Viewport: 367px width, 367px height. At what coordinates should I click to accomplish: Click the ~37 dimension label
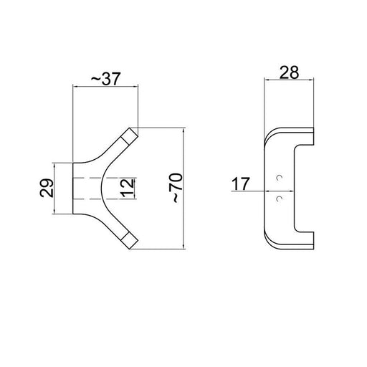105,79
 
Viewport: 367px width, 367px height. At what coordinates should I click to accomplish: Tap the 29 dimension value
47,188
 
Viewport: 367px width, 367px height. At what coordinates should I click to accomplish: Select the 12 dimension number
127,188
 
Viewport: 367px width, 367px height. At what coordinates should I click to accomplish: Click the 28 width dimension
289,72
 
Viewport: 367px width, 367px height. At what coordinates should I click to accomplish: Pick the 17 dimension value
241,183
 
